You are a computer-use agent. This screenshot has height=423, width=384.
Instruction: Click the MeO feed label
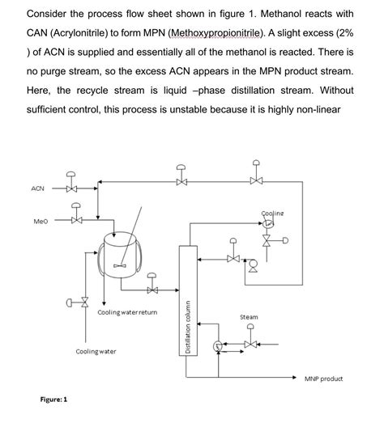click(37, 219)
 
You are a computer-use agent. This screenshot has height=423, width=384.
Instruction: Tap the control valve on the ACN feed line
click(72, 188)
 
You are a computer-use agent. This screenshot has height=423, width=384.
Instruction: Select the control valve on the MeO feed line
click(76, 219)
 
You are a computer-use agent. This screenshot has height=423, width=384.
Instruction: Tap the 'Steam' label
click(250, 317)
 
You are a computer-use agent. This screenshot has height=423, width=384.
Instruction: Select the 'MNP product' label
click(324, 379)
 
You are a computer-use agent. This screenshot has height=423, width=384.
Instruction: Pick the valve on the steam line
click(250, 344)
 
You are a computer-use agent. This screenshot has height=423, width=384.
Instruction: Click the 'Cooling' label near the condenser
click(273, 213)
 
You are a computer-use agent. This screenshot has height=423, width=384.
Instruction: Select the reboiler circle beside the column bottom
click(218, 345)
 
